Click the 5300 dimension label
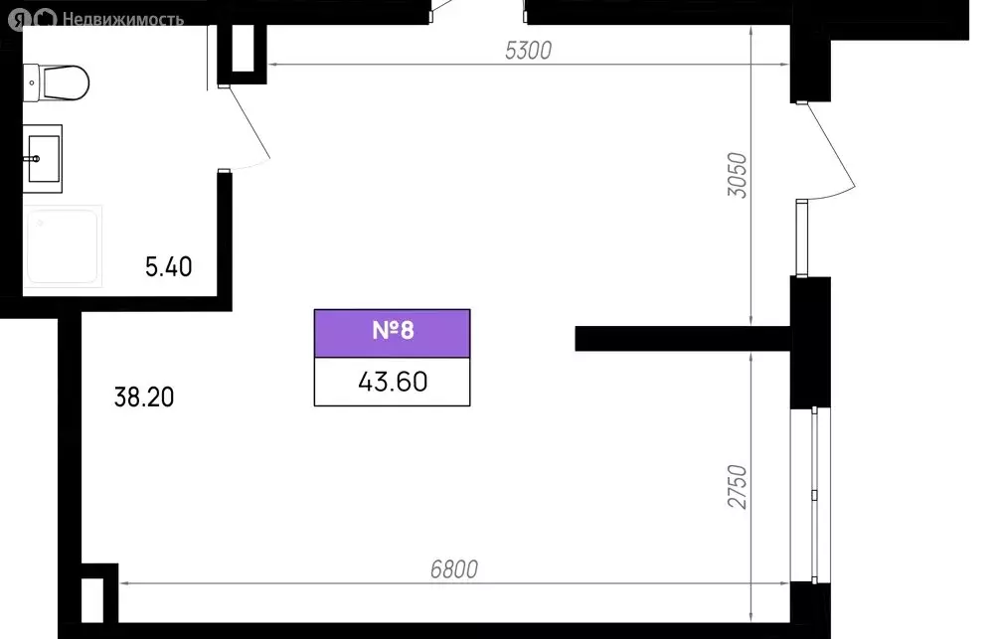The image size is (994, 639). point(528,50)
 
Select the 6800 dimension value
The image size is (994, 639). point(454,569)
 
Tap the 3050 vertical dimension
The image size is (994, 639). point(738,175)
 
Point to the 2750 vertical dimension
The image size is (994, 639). point(738,486)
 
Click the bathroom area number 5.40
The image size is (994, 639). point(169,267)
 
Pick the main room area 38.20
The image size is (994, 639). point(144,397)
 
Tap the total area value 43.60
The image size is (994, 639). point(393,382)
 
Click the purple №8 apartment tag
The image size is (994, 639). point(393,334)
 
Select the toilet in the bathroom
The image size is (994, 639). point(56,82)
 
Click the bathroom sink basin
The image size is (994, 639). point(43,159)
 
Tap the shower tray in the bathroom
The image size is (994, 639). point(63,246)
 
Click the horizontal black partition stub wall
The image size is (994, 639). point(683,339)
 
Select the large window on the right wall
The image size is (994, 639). point(811,495)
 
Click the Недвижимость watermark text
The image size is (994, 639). point(123,20)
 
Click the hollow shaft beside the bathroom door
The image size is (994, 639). point(243,54)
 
